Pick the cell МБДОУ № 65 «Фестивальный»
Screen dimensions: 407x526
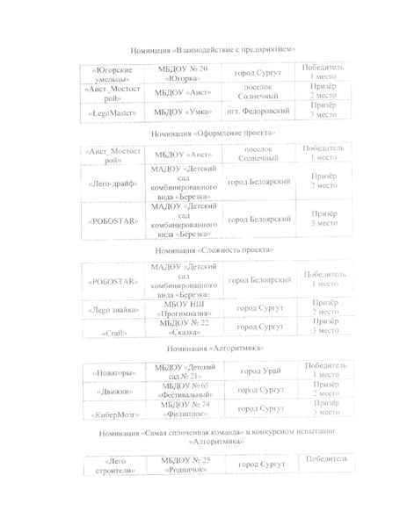click(x=184, y=392)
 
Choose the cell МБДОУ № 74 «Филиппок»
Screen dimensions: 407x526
click(x=184, y=410)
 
